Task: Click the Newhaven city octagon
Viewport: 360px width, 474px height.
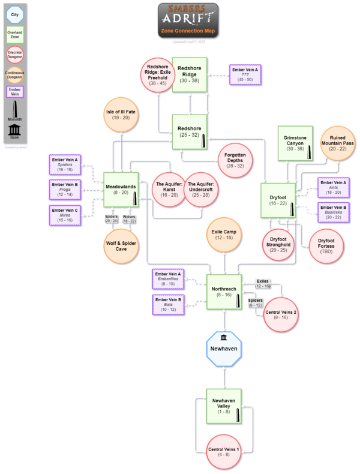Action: pos(223,349)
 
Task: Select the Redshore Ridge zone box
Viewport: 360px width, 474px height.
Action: pos(190,75)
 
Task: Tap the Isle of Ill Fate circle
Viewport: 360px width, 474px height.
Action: pos(122,114)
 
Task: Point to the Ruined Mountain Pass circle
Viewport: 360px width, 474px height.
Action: pos(337,145)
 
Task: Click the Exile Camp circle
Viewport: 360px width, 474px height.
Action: pos(223,235)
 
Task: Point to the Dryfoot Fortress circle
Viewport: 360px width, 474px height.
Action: pos(326,245)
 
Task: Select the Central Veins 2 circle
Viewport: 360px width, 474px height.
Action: pos(281,314)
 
